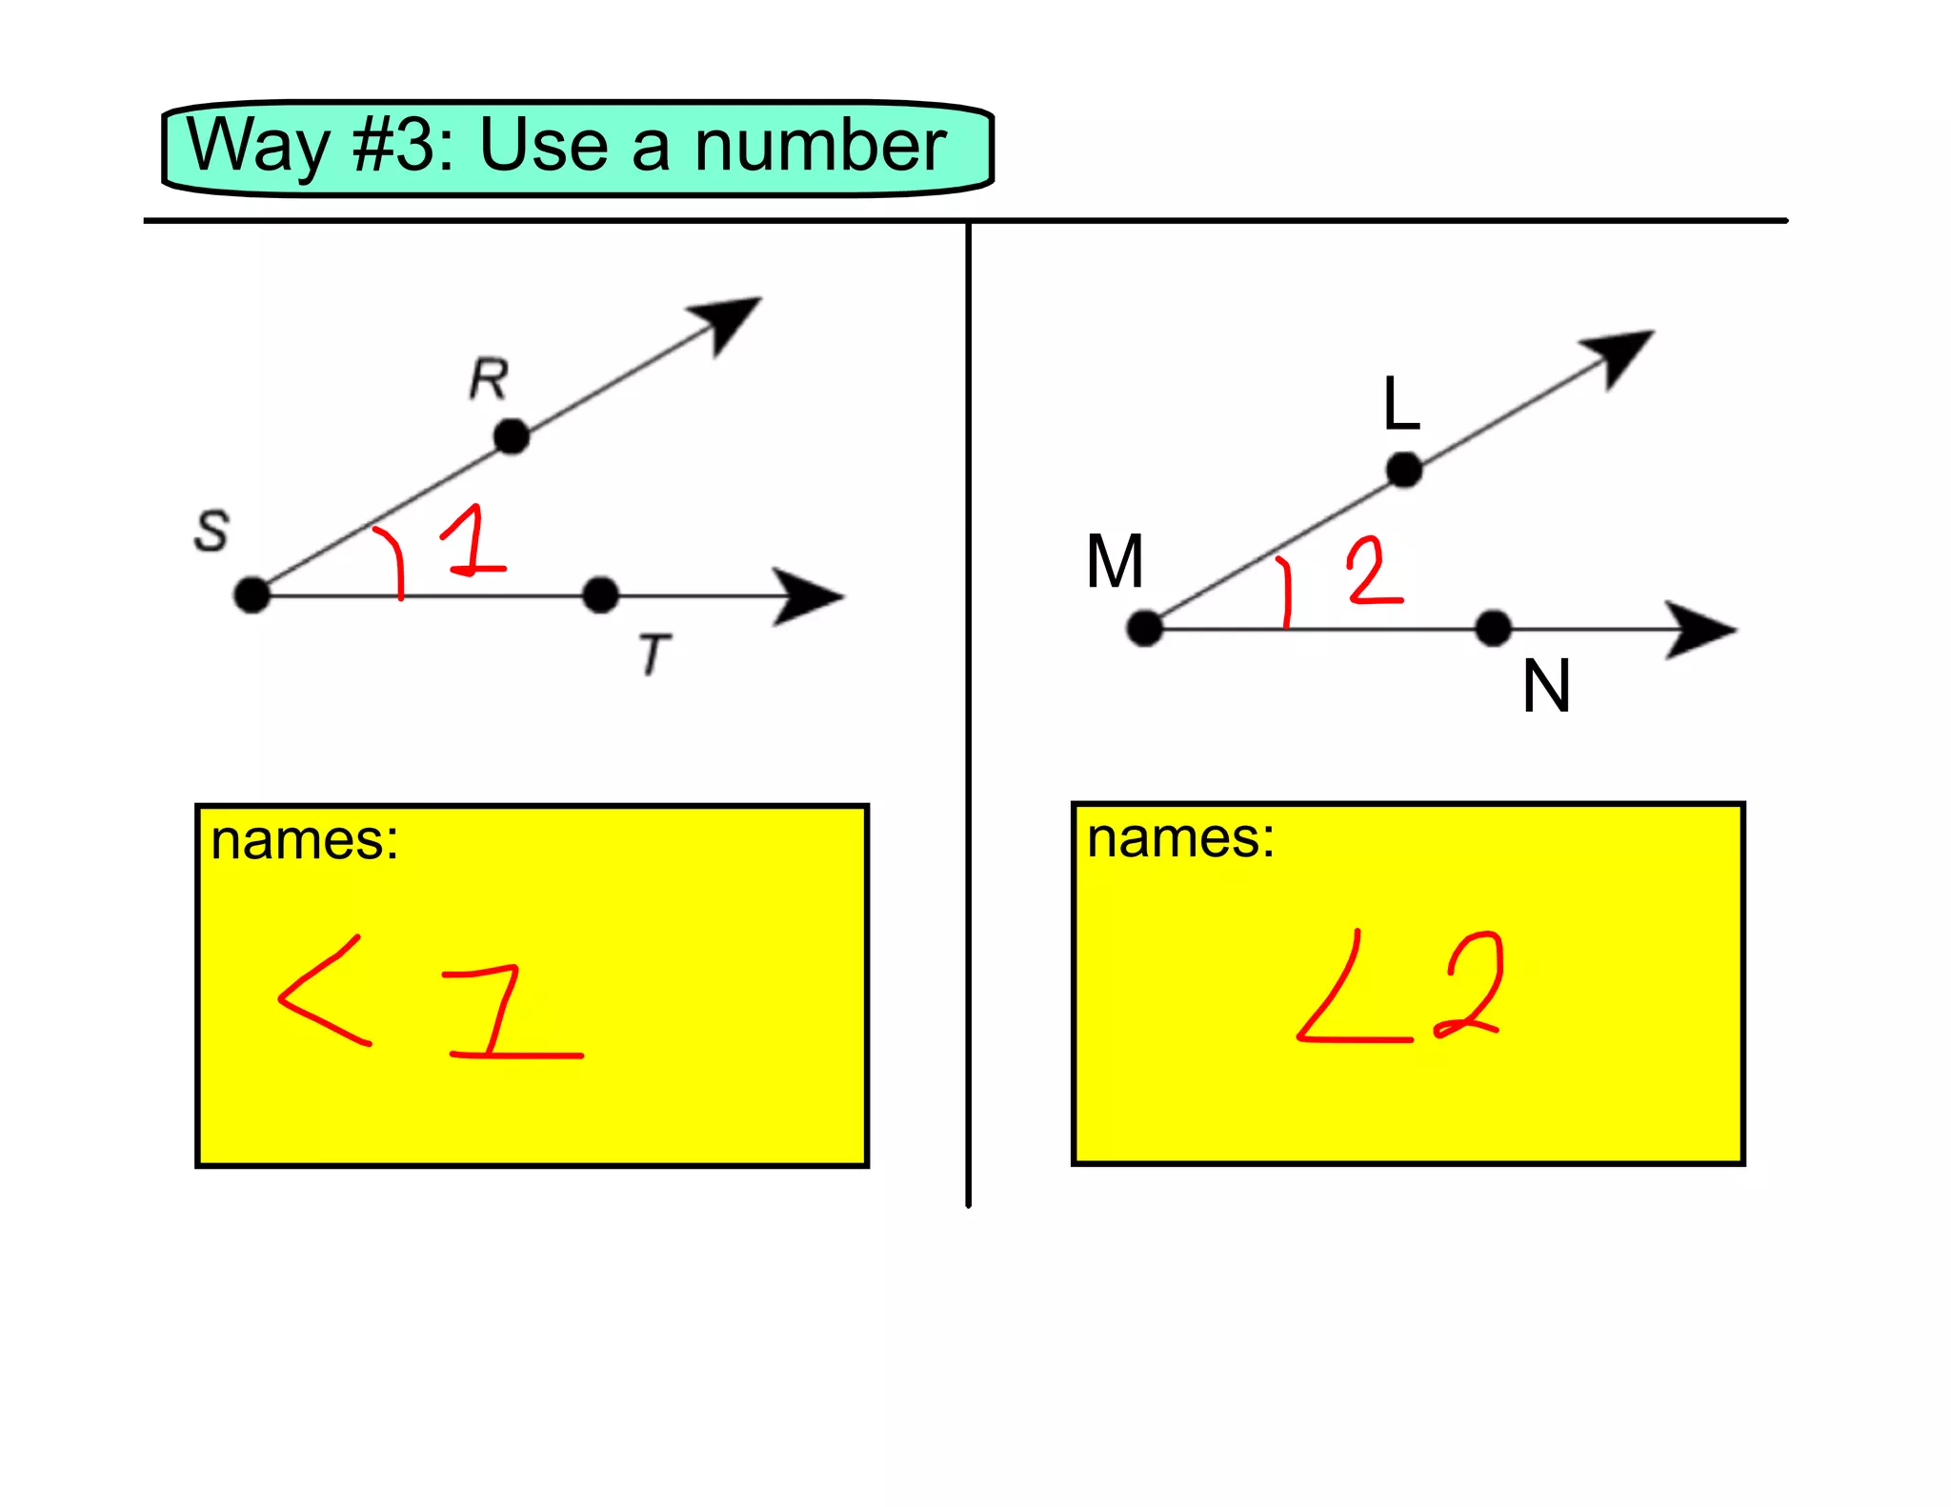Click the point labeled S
pos(251,595)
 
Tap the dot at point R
pos(512,437)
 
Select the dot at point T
pos(600,595)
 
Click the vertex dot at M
pos(1144,629)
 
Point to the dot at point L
pos(1404,470)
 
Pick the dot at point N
pos(1493,629)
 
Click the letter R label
pos(489,379)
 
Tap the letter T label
pos(654,654)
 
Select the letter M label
pos(1115,562)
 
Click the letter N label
pos(1545,686)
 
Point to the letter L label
pos(1401,404)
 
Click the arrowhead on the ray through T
pos(805,596)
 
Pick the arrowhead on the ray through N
pos(1698,629)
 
